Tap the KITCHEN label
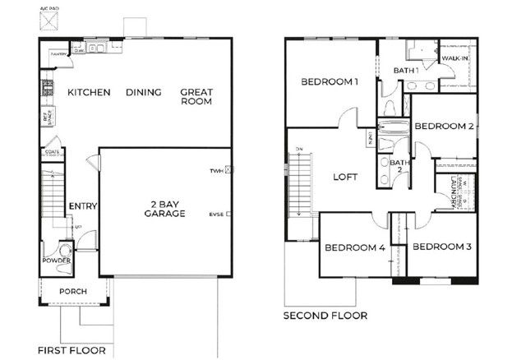click(89, 93)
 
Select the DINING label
click(143, 93)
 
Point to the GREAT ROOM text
click(196, 97)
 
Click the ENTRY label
click(83, 206)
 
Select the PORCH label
click(72, 291)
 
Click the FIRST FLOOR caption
click(72, 351)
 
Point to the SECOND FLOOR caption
click(325, 316)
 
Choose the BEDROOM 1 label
click(330, 82)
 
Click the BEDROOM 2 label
click(444, 127)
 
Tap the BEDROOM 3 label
click(441, 247)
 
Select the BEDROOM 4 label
click(354, 248)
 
